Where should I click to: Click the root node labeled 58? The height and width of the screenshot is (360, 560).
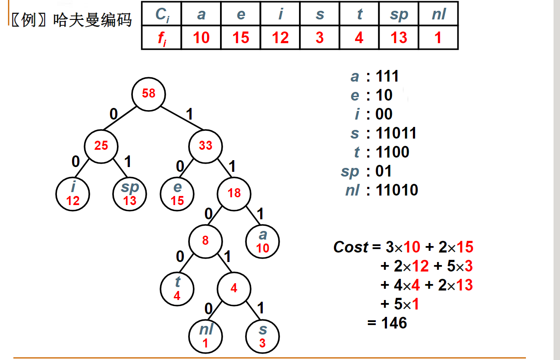[148, 94]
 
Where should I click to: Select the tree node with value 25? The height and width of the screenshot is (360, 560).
[101, 145]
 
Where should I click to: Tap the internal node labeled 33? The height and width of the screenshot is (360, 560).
[205, 145]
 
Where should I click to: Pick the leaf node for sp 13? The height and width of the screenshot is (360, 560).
[130, 194]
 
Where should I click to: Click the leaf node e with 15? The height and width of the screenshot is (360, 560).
[177, 194]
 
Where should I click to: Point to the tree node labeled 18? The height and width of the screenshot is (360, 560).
[234, 193]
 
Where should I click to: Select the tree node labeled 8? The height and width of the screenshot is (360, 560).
[205, 240]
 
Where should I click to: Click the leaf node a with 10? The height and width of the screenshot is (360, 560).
[262, 241]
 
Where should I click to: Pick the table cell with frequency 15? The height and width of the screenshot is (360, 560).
[241, 38]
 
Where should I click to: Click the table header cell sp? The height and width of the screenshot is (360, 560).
[399, 14]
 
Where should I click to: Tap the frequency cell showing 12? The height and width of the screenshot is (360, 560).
[280, 38]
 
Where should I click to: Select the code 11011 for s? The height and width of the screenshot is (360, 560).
[396, 133]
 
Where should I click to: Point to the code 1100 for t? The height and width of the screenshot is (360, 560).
[393, 152]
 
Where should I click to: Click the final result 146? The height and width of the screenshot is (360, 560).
[394, 323]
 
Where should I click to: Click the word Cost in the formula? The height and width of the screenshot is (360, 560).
[351, 247]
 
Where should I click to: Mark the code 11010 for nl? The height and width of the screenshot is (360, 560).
[397, 190]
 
